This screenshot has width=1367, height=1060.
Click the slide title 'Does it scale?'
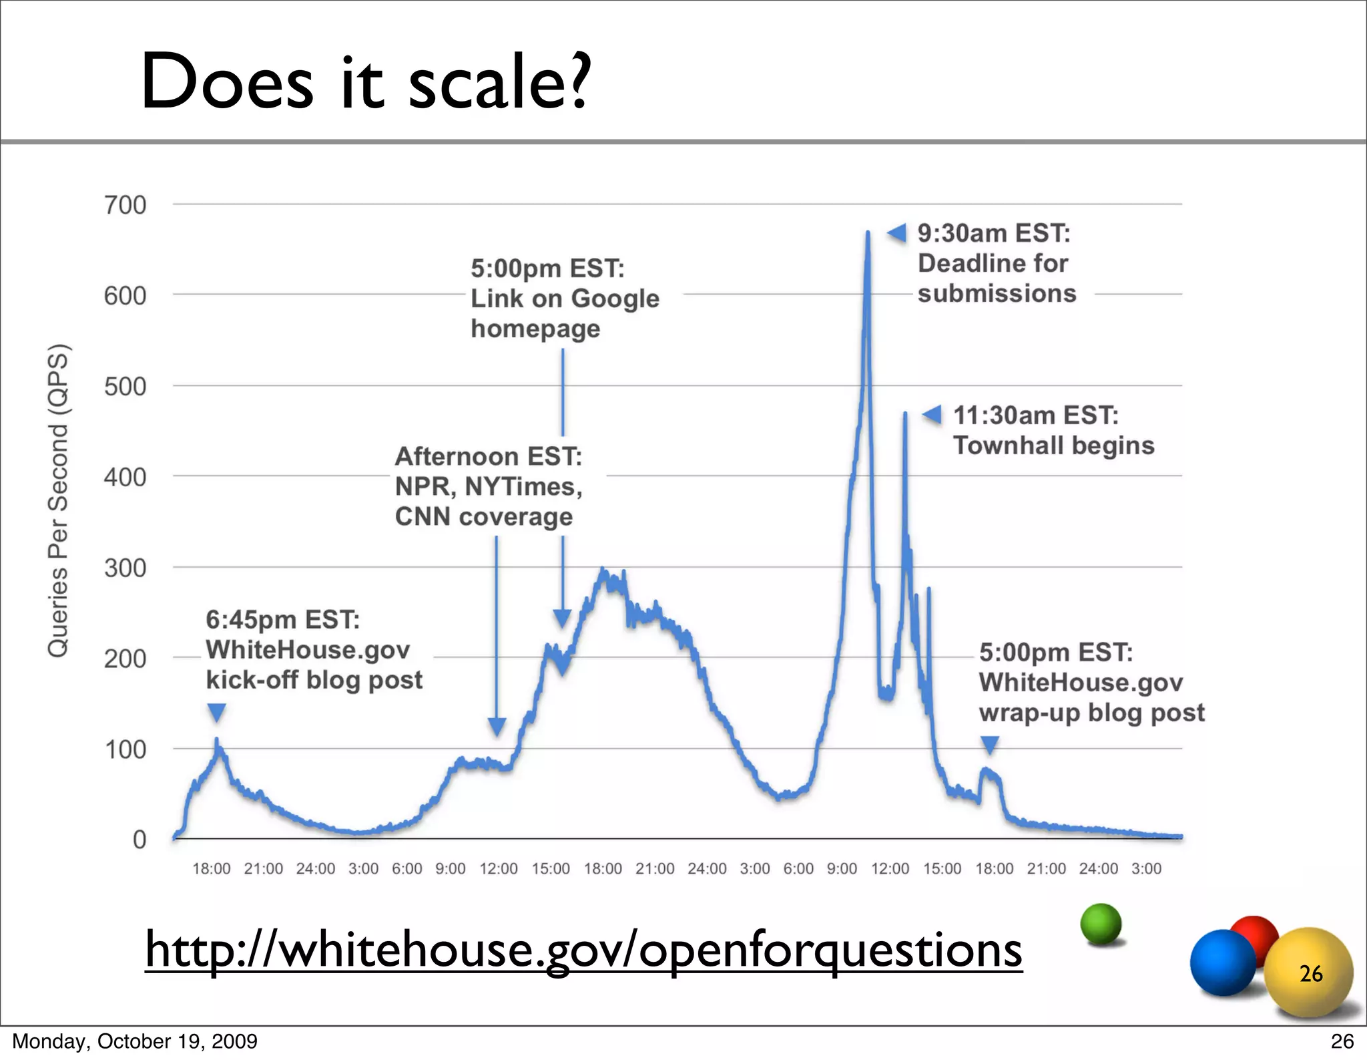coord(365,81)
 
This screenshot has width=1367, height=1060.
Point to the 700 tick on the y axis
coord(125,204)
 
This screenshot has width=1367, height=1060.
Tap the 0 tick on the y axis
coord(139,839)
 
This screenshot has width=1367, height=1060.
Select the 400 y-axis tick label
coord(125,477)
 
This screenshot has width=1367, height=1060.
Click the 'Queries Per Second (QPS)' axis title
coord(58,501)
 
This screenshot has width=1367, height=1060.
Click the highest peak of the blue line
coord(868,233)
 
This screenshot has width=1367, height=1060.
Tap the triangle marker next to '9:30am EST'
coord(896,233)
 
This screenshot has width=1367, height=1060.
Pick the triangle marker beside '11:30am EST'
coord(932,415)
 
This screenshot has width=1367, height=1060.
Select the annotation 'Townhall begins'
coord(1053,446)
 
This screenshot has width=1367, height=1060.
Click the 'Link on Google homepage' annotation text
coord(565,299)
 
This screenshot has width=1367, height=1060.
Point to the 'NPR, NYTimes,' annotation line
coord(488,486)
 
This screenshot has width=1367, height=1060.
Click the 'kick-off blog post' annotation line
coord(314,680)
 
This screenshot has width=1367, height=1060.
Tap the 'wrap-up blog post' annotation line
coord(1091,713)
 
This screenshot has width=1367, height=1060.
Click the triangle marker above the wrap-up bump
coord(989,745)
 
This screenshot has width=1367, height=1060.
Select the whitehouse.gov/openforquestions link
coord(583,950)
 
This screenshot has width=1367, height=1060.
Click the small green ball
coord(1101,924)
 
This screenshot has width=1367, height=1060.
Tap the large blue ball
coord(1223,963)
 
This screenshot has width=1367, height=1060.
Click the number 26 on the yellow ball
coord(1311,974)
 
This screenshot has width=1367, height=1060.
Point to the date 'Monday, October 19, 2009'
coord(135,1041)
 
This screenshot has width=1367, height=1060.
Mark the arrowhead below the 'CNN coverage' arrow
coord(497,727)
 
